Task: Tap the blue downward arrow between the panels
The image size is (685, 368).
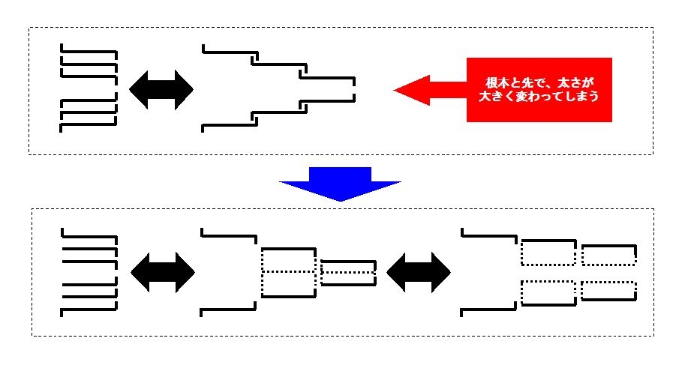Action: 340,184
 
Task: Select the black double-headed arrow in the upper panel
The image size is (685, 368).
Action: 161,89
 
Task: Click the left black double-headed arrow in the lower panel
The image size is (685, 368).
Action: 163,272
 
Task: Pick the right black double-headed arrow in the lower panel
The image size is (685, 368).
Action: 419,272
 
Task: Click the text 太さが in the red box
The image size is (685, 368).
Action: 576,82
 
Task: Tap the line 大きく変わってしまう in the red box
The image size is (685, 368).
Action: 539,96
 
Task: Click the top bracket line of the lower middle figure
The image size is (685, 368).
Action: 229,236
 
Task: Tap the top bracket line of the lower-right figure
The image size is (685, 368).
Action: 489,236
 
